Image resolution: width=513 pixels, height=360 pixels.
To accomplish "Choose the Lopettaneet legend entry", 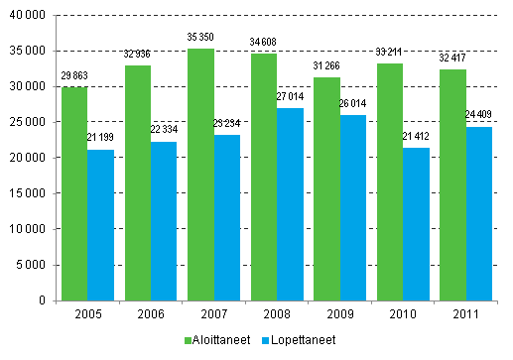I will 295,339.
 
